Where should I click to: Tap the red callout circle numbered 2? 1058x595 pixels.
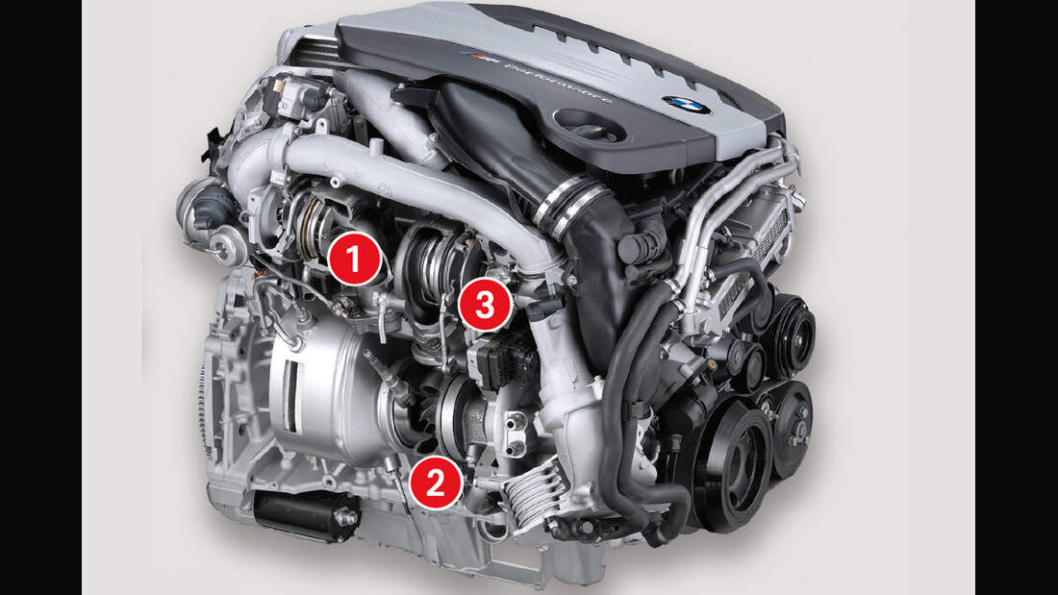tap(435, 483)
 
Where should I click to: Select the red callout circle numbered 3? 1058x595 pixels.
tap(484, 305)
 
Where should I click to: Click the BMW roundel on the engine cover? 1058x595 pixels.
tap(686, 105)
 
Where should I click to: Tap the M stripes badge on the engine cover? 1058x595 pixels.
tap(480, 59)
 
